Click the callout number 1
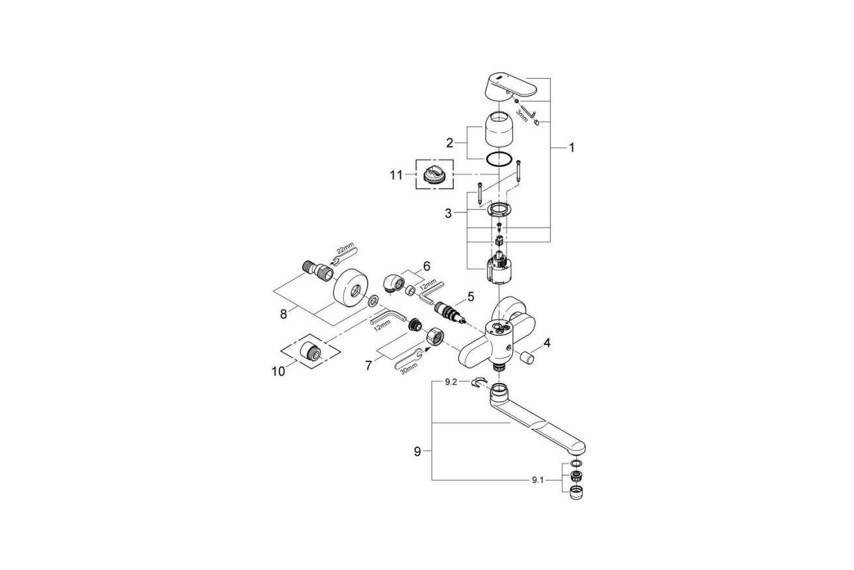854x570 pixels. (571, 148)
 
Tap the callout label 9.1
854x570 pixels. (537, 480)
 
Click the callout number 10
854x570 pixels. (278, 371)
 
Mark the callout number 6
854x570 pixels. (426, 266)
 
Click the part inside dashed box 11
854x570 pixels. (434, 175)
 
